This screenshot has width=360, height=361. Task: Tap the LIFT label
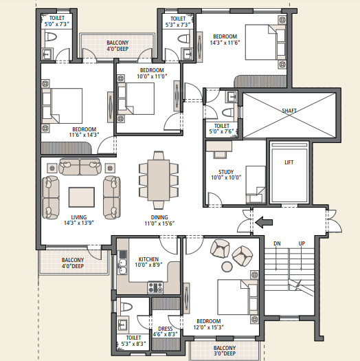(x=289, y=163)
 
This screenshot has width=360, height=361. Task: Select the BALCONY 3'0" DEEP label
(x=223, y=351)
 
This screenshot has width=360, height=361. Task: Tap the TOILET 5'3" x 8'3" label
(x=133, y=342)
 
